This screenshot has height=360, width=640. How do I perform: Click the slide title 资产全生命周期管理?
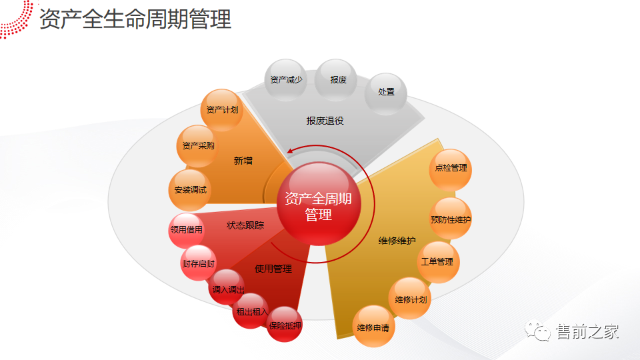[x=135, y=19]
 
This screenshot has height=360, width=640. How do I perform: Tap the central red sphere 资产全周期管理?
[x=318, y=206]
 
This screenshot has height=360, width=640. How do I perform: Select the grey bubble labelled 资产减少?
[x=285, y=80]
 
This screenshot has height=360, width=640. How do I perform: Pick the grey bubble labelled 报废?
[x=338, y=80]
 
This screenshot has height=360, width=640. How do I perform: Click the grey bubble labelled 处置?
[x=386, y=93]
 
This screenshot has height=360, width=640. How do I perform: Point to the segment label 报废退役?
[x=325, y=121]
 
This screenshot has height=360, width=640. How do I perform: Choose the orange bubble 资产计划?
[x=221, y=109]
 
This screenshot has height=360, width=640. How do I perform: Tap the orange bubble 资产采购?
[x=198, y=146]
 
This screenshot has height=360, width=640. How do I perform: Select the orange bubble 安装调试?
[x=191, y=189]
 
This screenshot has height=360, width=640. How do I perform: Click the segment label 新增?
[x=243, y=161]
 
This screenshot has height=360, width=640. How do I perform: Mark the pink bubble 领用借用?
[x=187, y=230]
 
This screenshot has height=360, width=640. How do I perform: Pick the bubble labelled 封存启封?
[x=199, y=263]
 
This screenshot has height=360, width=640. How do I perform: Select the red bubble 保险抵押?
[x=285, y=325]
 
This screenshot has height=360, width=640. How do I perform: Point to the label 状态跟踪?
[x=245, y=225]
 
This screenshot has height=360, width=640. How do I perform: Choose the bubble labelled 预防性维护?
[x=451, y=219]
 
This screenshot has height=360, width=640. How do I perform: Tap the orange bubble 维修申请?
[x=373, y=327]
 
